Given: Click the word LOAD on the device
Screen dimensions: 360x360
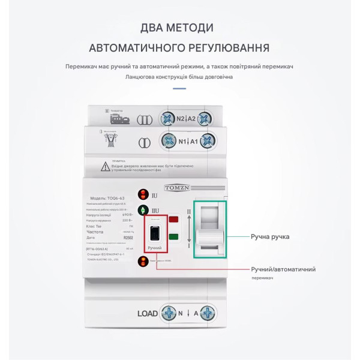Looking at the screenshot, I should (x=148, y=313).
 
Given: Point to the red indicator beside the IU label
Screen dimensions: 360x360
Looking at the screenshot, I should (x=143, y=194).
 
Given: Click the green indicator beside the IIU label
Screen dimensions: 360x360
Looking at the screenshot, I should (x=143, y=210).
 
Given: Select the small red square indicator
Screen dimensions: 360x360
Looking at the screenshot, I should (x=173, y=220).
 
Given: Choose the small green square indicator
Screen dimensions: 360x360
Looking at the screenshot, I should (x=173, y=236).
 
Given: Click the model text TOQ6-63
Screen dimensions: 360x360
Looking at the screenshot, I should (x=115, y=198).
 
